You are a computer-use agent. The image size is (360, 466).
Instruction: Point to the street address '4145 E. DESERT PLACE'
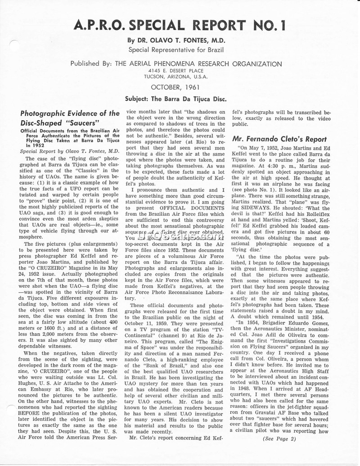177,71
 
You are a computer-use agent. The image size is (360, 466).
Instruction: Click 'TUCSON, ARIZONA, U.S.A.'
177,77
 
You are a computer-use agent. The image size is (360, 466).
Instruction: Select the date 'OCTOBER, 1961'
175,86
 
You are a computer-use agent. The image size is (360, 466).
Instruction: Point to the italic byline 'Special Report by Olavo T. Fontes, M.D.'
69,151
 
